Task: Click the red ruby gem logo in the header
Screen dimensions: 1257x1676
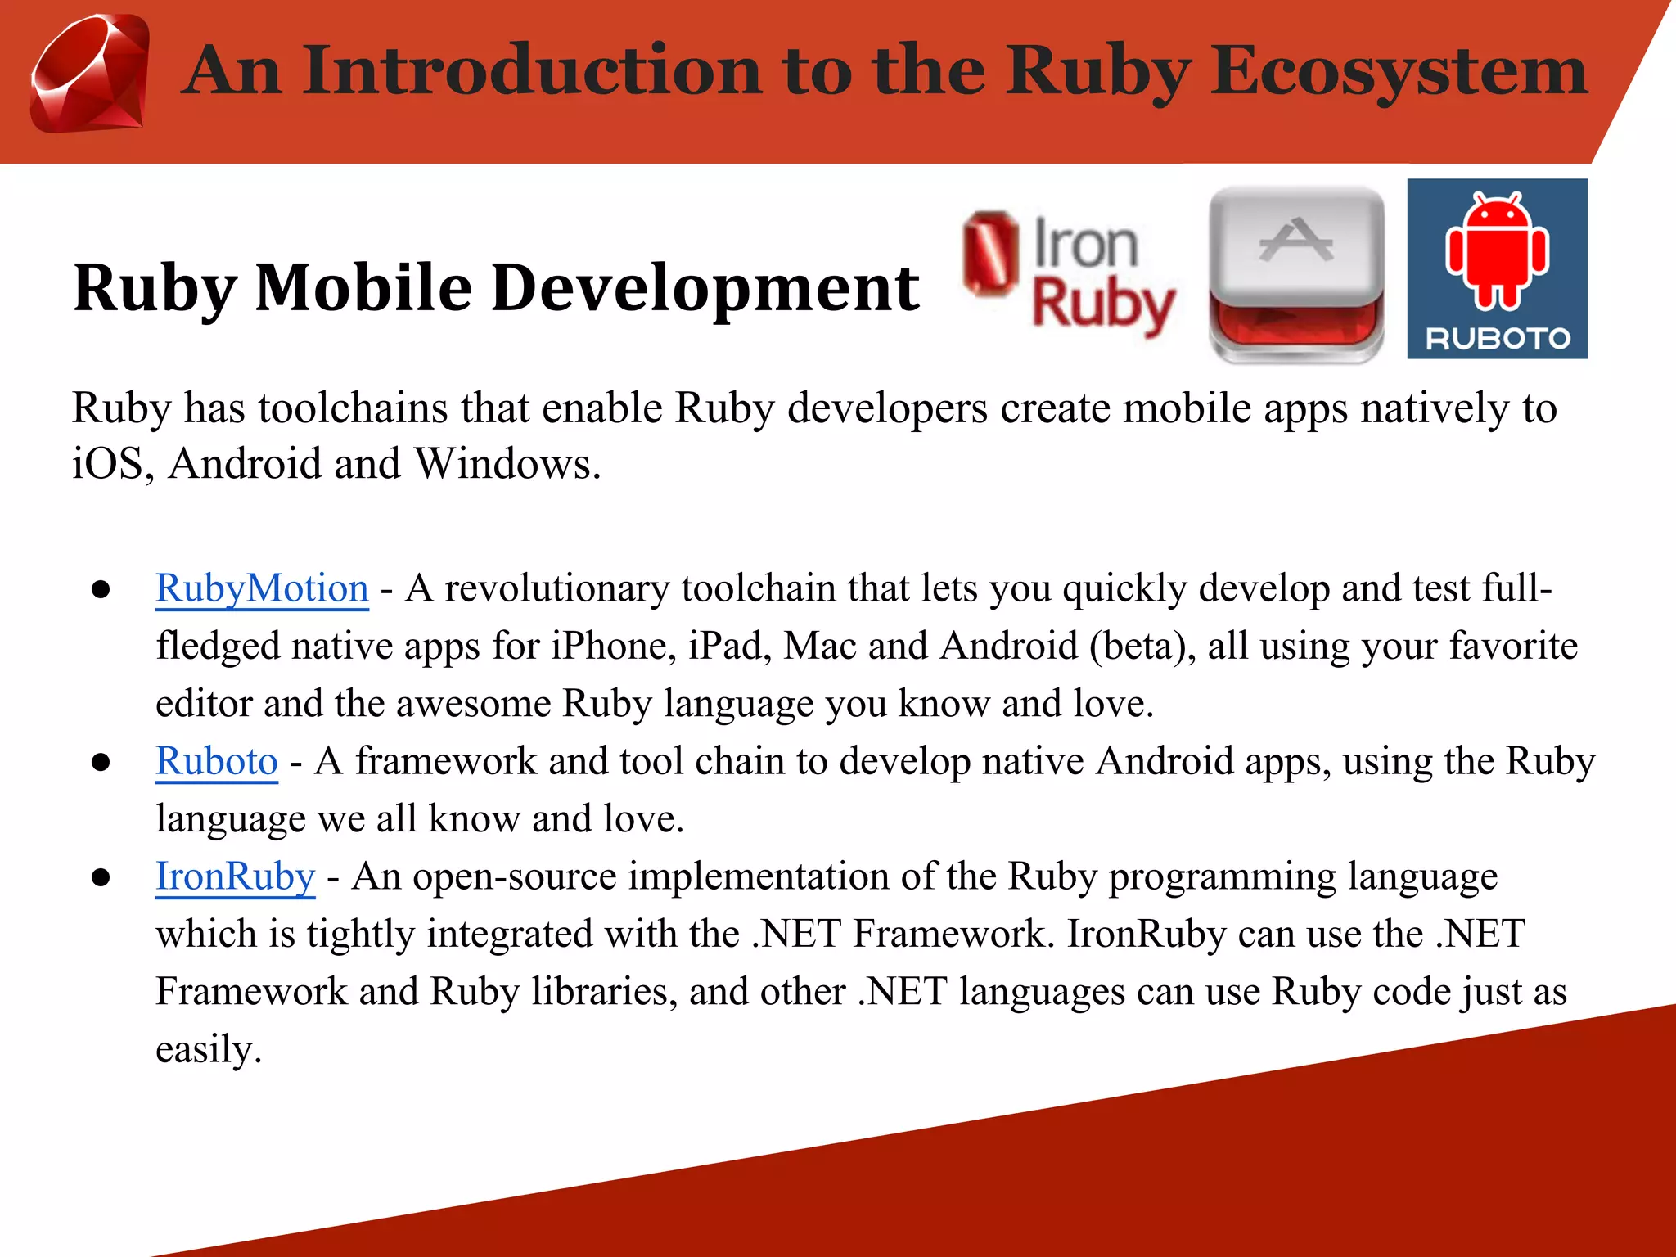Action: tap(90, 74)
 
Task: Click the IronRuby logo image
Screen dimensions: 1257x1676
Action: tap(1069, 274)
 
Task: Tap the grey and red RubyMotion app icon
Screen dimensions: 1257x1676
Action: tap(1296, 274)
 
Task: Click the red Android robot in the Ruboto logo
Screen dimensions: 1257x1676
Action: tap(1497, 250)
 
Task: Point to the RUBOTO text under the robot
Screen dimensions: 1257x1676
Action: tap(1498, 338)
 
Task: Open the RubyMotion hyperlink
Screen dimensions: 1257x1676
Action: tap(262, 588)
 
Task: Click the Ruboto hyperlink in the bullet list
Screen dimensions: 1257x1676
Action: tap(217, 761)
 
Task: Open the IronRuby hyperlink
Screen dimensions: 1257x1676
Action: tap(235, 876)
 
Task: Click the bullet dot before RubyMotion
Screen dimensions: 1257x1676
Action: tap(101, 590)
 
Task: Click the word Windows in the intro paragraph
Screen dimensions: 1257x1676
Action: tap(507, 464)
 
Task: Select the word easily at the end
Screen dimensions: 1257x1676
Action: tap(208, 1049)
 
